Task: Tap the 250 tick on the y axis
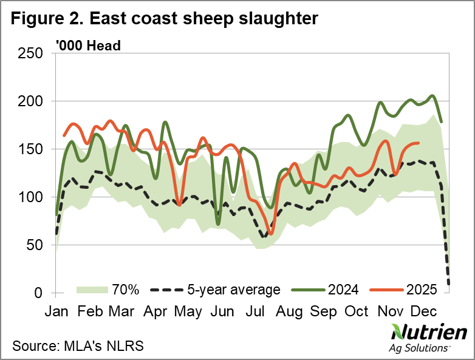[30, 53]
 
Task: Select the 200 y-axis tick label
[30, 101]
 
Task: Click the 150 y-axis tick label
[30, 149]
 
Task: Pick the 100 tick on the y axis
[30, 197]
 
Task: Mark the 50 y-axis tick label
[35, 245]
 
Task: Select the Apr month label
[155, 311]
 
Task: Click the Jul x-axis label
[255, 311]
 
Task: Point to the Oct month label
[357, 311]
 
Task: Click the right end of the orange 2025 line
[419, 143]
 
